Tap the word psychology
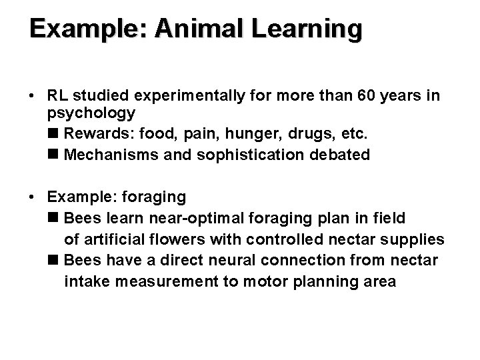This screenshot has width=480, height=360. tap(91, 112)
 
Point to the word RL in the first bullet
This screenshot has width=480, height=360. tap(59, 96)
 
